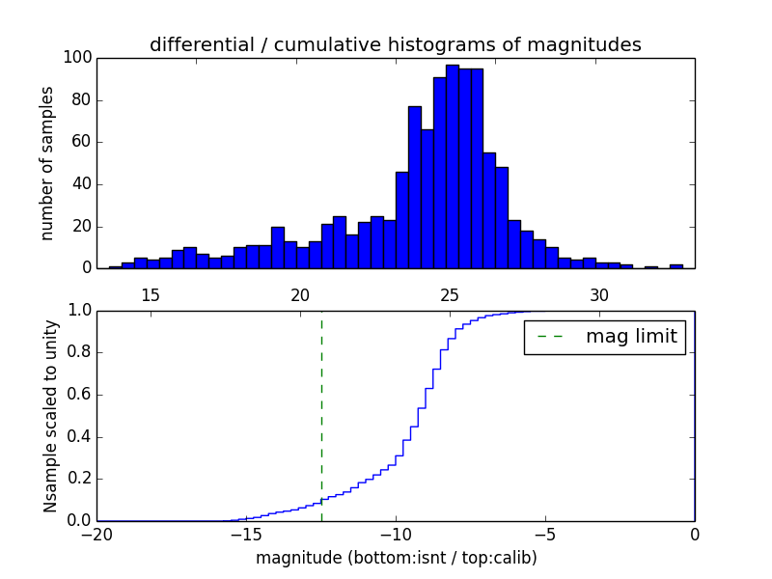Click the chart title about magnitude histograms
(395, 45)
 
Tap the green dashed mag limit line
(321, 415)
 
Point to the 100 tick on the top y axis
(78, 58)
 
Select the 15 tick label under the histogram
(151, 295)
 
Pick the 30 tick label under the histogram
(599, 295)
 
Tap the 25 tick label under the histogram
(450, 295)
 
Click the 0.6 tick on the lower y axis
(80, 395)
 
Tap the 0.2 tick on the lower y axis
(80, 479)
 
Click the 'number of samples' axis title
(47, 163)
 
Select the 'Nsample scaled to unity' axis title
(50, 415)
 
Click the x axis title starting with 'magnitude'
(396, 558)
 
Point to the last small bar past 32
(676, 265)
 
